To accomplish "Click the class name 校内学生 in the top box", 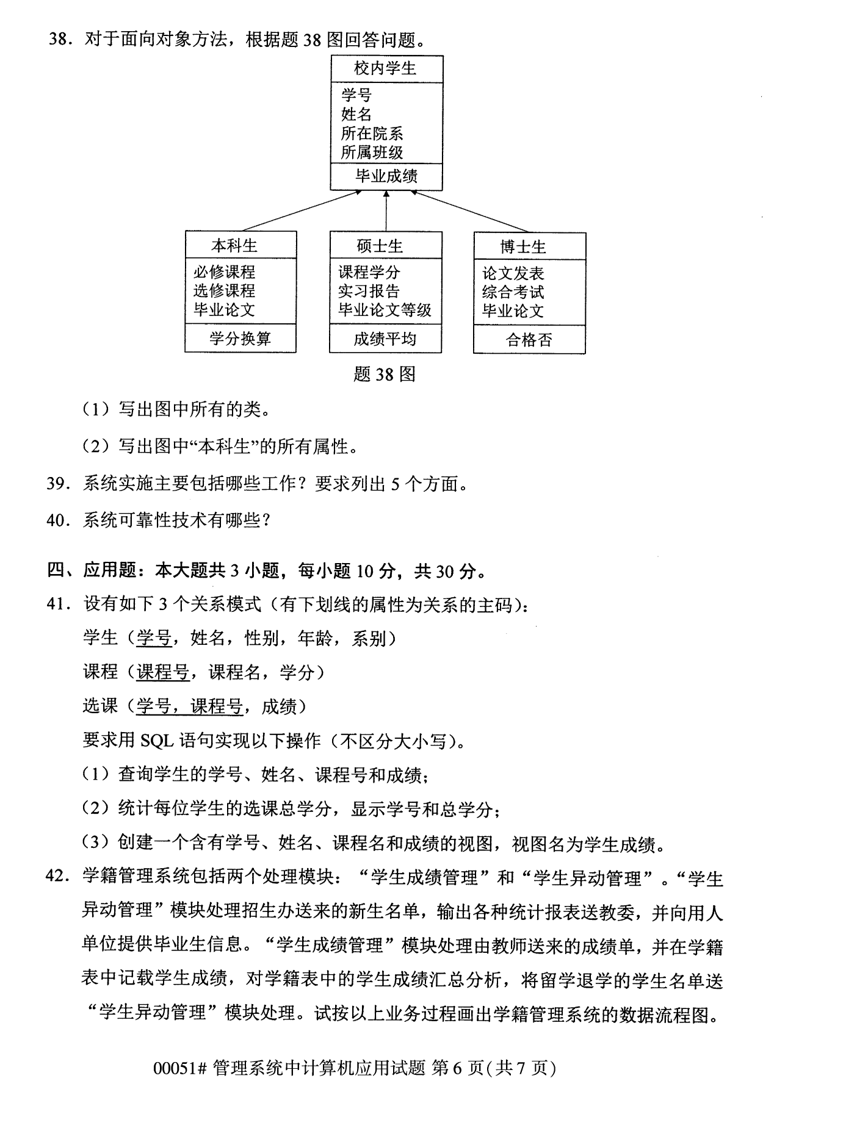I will (386, 68).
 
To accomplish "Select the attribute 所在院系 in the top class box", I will (372, 134).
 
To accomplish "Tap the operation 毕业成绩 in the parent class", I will (386, 177).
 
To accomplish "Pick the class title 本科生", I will (234, 246).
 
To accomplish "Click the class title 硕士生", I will (380, 246).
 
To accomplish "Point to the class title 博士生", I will (523, 247).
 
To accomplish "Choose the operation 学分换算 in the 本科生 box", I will (240, 339).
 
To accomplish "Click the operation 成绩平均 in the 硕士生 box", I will (385, 339).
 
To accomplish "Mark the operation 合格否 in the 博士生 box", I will (529, 340).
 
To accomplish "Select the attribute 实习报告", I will (369, 291).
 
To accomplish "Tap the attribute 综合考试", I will (513, 292).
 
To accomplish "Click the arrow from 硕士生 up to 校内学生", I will (386, 210).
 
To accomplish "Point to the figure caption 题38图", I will (384, 374).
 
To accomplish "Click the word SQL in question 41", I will (157, 741).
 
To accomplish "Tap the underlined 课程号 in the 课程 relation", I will (163, 672).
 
